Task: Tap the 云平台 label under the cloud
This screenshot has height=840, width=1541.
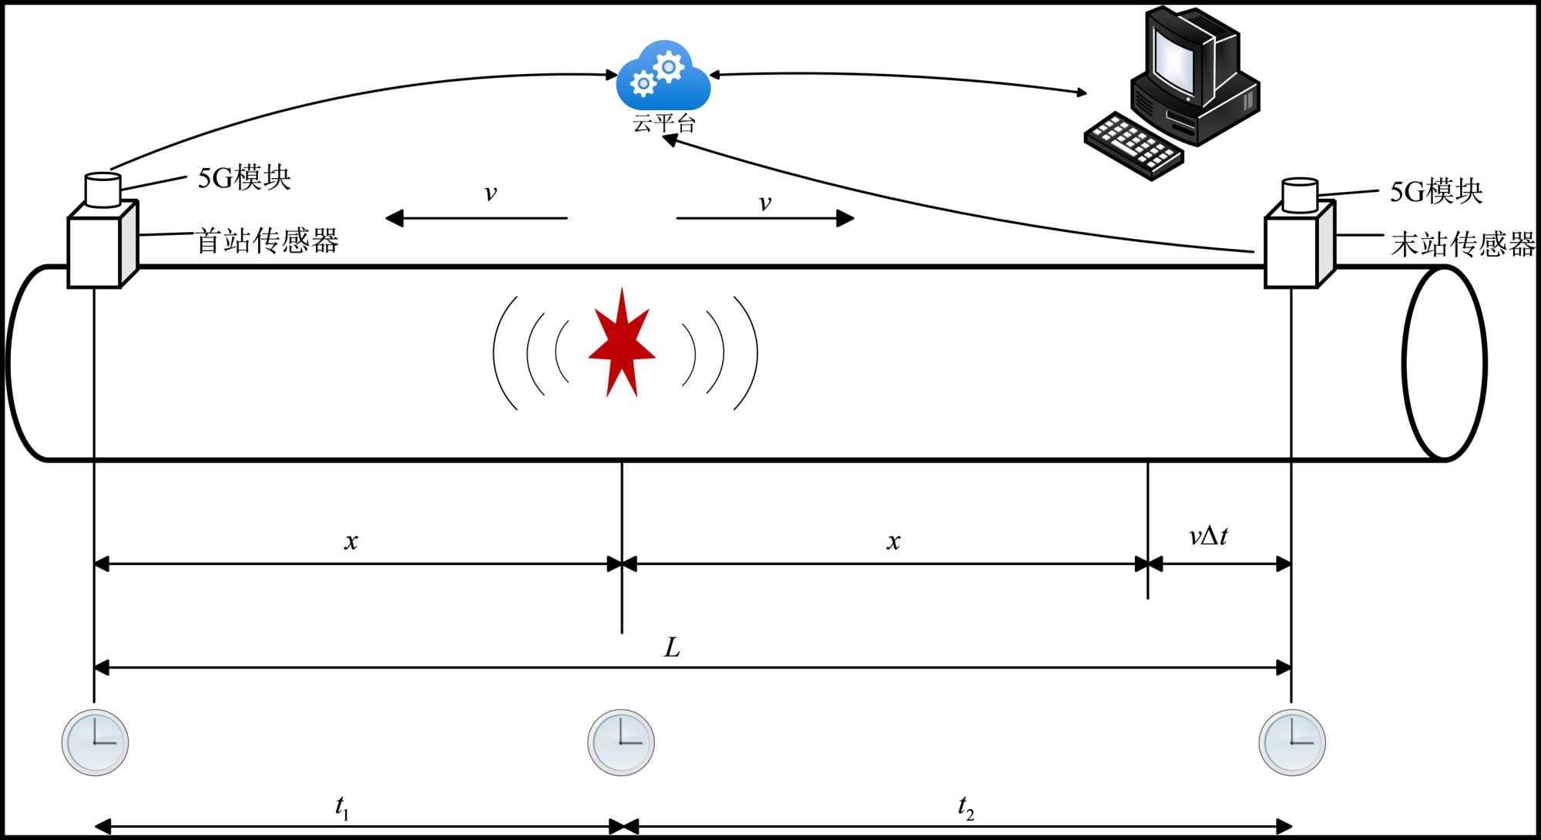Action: point(663,123)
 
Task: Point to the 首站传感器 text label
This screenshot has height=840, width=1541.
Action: point(267,241)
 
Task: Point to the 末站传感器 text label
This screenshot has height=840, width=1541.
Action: point(1462,244)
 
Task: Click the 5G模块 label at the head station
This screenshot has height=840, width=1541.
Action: point(244,178)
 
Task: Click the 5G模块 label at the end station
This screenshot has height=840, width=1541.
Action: point(1436,192)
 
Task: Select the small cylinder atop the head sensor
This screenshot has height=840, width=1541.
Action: point(102,190)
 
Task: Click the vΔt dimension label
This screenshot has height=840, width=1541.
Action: point(1208,536)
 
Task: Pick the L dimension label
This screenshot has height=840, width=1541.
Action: point(672,647)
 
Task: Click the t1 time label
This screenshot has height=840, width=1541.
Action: point(342,807)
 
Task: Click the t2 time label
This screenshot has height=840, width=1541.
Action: point(965,808)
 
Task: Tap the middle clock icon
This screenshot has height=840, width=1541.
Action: point(621,742)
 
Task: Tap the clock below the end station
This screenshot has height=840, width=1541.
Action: point(1292,742)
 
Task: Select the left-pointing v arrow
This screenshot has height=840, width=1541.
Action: point(476,219)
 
